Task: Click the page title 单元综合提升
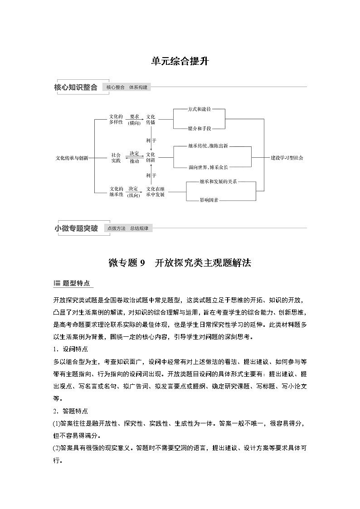[x=180, y=61]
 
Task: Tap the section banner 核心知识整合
[x=76, y=87]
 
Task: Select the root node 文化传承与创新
[x=72, y=158]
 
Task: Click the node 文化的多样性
[x=116, y=120]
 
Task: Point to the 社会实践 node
[x=116, y=158]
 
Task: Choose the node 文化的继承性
[x=116, y=191]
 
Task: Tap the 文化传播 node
[x=151, y=120]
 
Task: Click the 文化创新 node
[x=151, y=158]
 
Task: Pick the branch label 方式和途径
[x=199, y=110]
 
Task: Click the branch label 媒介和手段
[x=199, y=129]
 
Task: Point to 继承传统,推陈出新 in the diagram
[x=208, y=146]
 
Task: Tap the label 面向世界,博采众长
[x=208, y=167]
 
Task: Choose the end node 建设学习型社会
[x=287, y=158]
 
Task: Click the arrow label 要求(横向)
[x=134, y=120]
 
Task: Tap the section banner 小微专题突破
[x=76, y=228]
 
